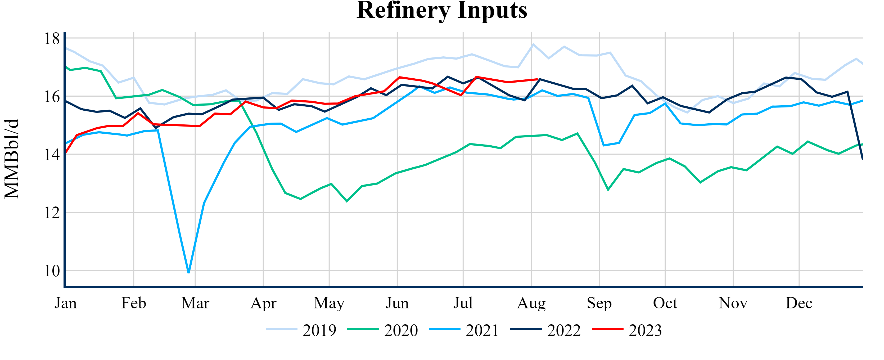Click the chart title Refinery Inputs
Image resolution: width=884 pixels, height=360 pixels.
[x=442, y=10]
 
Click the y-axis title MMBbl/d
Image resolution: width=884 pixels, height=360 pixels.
[x=12, y=159]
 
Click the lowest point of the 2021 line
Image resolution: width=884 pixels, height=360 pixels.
[x=189, y=272]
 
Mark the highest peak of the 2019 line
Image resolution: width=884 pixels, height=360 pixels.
[x=533, y=44]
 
